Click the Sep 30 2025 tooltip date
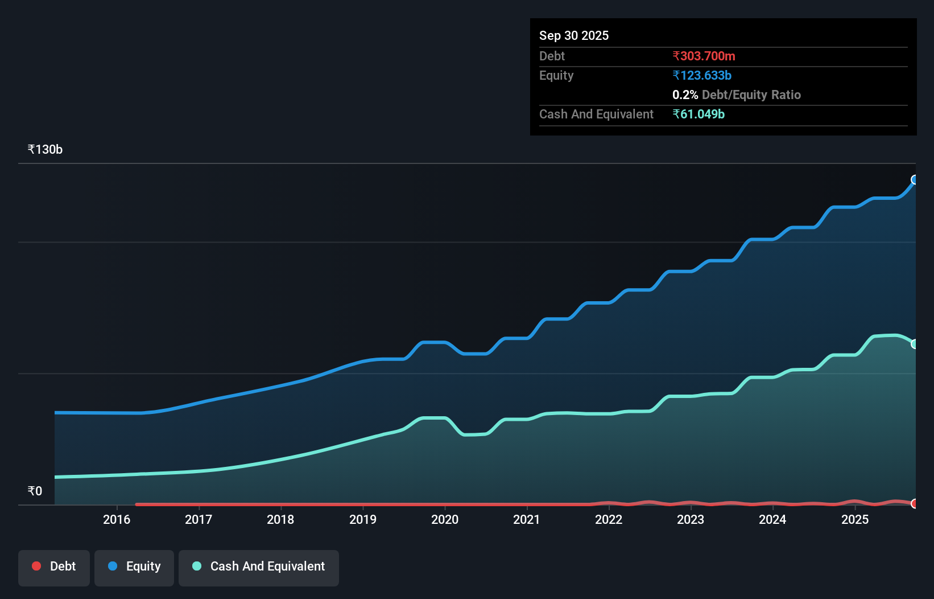(573, 35)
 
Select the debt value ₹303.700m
(704, 56)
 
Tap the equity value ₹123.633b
(701, 75)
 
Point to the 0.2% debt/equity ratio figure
(685, 95)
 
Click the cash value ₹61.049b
(698, 114)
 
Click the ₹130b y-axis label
(45, 149)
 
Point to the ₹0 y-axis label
(35, 491)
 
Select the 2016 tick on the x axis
(117, 519)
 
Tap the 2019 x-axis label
(363, 519)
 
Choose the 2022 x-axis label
(609, 519)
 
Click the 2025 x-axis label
(854, 519)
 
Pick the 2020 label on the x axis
(445, 519)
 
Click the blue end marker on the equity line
(915, 180)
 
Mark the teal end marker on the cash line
(915, 344)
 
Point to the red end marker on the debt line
(915, 503)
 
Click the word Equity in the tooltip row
(556, 75)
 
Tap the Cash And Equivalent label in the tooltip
(596, 114)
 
